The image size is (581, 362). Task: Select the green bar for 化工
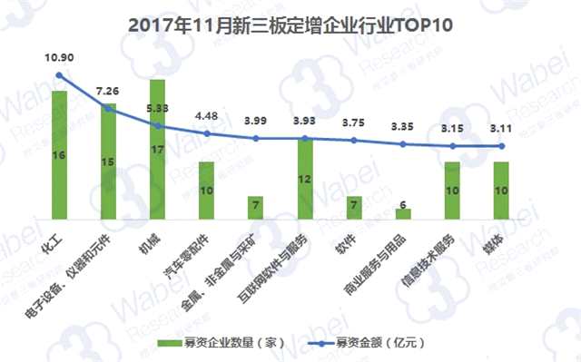(x=59, y=154)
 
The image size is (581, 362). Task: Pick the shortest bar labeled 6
(x=403, y=214)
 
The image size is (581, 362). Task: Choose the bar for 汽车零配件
(x=206, y=191)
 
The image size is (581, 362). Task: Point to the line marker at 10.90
(x=59, y=75)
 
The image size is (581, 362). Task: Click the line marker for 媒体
(x=500, y=146)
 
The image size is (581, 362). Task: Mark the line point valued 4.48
(x=206, y=133)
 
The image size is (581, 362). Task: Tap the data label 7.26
(x=108, y=92)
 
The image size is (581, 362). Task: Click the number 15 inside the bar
(x=108, y=162)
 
